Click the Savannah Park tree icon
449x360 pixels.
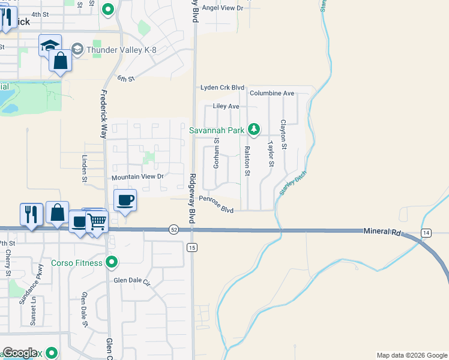255,129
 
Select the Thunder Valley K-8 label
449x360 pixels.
122,49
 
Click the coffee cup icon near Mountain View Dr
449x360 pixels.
125,200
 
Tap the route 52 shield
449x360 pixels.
173,230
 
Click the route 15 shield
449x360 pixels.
192,247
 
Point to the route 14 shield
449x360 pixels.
426,232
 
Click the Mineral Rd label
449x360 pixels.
381,231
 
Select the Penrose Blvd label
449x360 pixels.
215,205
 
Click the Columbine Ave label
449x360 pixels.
272,93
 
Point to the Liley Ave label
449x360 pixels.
226,106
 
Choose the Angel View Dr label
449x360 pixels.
223,8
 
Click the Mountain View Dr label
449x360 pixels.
137,177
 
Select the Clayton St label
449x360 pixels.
283,134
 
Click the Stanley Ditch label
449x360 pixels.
289,185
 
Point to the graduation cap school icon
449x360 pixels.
50,45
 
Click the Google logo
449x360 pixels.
20,353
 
